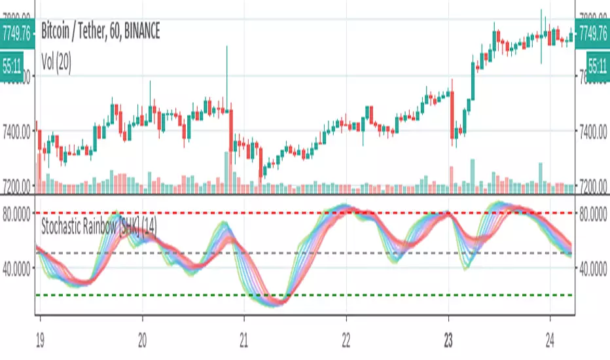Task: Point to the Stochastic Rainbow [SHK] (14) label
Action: coord(98,228)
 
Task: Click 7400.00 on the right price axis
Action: coord(592,132)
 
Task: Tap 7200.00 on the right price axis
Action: coord(592,185)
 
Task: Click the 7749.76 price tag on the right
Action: coord(592,31)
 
